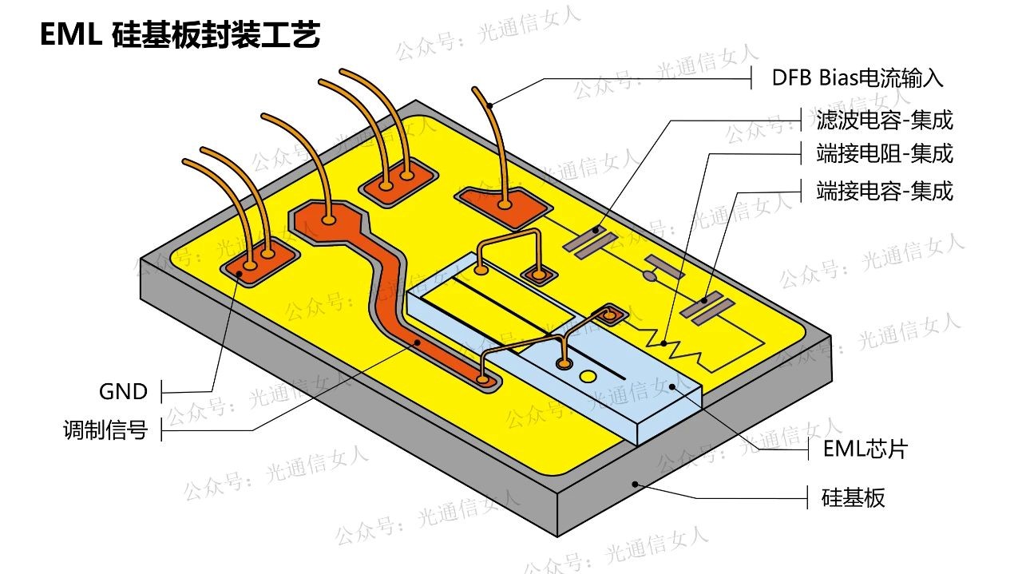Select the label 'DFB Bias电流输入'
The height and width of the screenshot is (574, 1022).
[857, 78]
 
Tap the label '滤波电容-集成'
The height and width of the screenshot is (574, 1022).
[884, 121]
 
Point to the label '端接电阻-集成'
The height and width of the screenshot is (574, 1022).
[884, 152]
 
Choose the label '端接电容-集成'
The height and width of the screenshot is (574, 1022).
[884, 191]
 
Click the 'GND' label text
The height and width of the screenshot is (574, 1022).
[123, 391]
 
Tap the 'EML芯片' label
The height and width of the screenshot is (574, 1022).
[865, 449]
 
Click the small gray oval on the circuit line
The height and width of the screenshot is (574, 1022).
[651, 277]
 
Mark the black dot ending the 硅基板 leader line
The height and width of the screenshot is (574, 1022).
[635, 483]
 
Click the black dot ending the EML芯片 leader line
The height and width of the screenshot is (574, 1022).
[674, 386]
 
